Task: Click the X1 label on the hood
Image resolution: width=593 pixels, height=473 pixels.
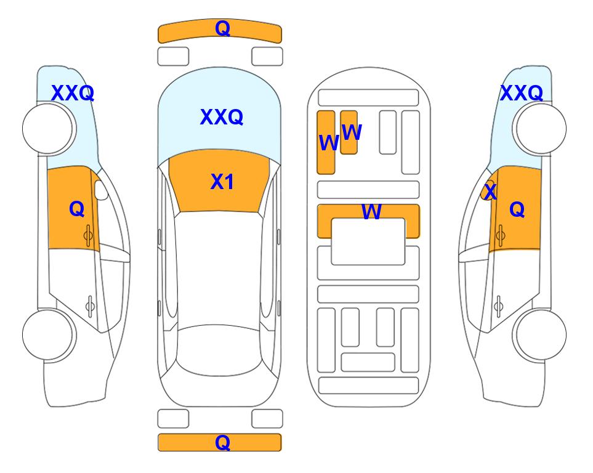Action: (x=222, y=182)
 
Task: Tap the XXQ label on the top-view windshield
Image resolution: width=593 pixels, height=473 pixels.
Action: (x=222, y=117)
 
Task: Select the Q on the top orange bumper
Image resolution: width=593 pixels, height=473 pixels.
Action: (x=222, y=28)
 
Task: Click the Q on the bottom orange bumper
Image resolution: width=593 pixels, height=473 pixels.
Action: (x=222, y=442)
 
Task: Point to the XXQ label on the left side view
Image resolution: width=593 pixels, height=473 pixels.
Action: (x=73, y=93)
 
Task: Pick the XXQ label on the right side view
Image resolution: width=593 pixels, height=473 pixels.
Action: (x=522, y=93)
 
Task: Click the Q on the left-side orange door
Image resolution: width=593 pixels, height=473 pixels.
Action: (x=77, y=209)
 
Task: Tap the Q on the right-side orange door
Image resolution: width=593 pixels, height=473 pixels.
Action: (x=517, y=209)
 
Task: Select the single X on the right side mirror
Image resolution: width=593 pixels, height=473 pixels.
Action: (x=491, y=191)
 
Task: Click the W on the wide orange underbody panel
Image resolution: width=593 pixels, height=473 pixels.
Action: (x=372, y=211)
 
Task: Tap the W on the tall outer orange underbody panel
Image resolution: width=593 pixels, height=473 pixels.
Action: (x=329, y=143)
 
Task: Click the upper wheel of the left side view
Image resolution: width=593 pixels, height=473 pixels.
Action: (x=49, y=129)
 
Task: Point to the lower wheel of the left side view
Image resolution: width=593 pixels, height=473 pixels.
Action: (x=49, y=334)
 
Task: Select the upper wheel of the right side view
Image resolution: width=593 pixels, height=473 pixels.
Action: (x=539, y=129)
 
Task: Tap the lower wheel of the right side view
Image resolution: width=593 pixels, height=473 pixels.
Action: (x=539, y=334)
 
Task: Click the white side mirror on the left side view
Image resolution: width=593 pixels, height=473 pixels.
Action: (x=101, y=190)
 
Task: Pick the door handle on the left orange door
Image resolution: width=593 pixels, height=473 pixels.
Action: (x=89, y=236)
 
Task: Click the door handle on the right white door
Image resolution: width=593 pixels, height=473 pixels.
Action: (x=499, y=306)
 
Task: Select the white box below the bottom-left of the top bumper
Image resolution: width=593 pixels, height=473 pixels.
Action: (x=173, y=57)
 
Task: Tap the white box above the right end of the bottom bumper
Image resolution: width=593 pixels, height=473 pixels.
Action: (x=267, y=419)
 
